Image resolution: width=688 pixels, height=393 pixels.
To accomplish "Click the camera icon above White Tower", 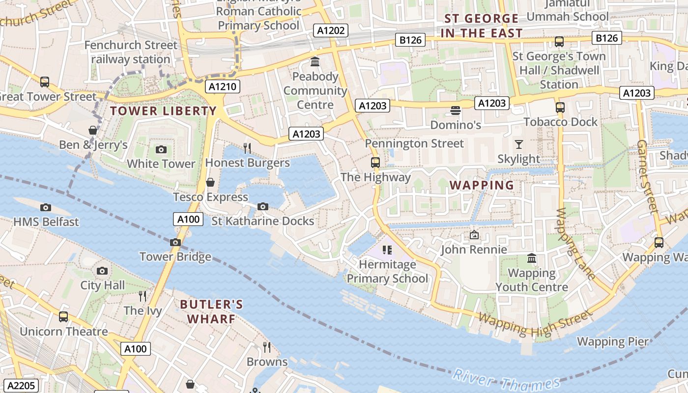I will (x=161, y=150).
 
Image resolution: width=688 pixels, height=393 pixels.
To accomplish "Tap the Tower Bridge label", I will (x=175, y=256).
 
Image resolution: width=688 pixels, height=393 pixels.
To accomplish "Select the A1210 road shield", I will (x=223, y=87).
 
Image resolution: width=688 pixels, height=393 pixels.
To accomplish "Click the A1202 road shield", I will (x=331, y=30).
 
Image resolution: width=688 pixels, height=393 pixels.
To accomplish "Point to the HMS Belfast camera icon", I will (x=46, y=208).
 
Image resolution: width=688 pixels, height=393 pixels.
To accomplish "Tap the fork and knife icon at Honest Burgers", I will (x=247, y=148).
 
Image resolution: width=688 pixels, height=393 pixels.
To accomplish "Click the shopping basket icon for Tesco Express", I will (x=210, y=183).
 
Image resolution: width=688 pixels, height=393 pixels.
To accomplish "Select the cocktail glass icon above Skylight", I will (x=518, y=144).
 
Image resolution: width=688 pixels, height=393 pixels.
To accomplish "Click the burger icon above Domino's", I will (x=455, y=111).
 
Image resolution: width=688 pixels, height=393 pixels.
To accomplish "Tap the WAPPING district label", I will (x=482, y=185).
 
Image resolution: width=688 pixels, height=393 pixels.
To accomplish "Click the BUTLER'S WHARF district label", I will (x=211, y=311).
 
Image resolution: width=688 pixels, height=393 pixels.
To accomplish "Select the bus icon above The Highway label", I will (x=375, y=163).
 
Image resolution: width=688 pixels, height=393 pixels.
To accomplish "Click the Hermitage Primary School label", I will (x=387, y=272).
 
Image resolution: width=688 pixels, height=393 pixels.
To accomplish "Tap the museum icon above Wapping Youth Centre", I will (x=532, y=258).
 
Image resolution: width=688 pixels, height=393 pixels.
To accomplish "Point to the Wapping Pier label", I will (x=612, y=341).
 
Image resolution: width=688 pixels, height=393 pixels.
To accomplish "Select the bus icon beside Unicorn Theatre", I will (x=63, y=317).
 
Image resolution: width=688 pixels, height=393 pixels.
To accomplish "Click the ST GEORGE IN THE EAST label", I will (x=482, y=26).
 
